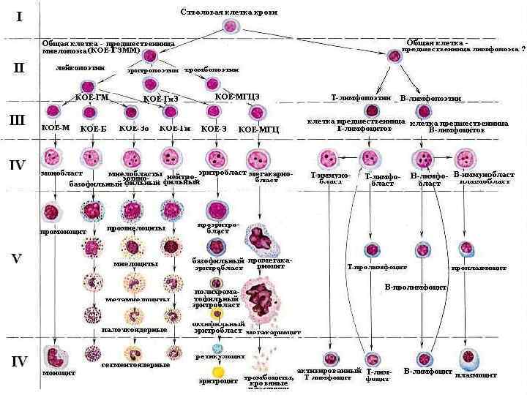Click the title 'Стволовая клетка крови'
click(228, 12)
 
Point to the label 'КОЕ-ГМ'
click(92, 97)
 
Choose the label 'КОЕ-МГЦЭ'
click(237, 96)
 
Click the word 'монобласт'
click(56, 174)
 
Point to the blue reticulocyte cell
click(217, 348)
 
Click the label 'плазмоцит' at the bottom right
click(476, 375)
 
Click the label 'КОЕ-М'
click(56, 127)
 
